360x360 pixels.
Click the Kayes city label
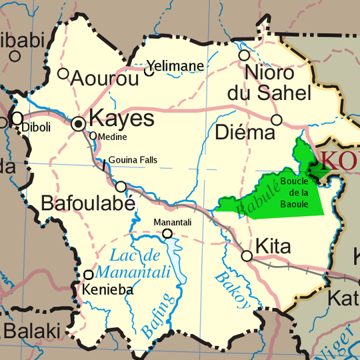121,120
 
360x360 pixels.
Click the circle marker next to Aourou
63,73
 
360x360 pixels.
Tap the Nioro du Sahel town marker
245,55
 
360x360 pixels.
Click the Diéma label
245,133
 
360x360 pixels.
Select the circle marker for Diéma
277,120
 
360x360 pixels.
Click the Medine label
113,137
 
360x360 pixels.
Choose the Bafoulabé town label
88,203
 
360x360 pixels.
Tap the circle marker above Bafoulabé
121,187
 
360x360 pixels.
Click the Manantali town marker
167,233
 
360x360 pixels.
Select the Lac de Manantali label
133,263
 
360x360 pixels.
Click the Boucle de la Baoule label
294,192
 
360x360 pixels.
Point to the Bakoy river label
233,290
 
